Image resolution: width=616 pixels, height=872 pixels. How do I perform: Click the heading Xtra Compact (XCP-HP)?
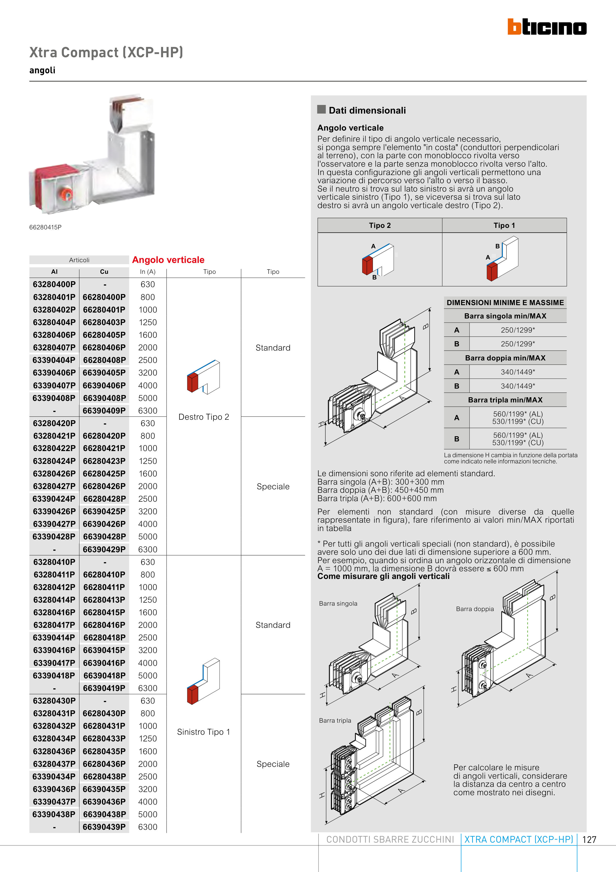106,52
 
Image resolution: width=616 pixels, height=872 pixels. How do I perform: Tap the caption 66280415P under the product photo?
45,227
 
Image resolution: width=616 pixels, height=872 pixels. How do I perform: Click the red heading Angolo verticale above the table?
168,260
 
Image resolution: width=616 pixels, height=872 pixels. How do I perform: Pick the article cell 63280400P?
54,284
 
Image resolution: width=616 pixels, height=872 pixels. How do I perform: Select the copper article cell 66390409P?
104,411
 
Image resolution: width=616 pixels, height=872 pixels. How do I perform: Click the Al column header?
54,272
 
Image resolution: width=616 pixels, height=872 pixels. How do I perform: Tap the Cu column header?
104,272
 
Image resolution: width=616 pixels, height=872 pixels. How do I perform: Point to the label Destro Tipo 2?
204,417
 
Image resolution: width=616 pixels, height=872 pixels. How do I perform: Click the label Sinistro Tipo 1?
204,732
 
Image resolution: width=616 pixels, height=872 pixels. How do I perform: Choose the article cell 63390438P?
54,814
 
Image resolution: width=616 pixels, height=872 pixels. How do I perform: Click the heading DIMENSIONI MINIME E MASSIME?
505,303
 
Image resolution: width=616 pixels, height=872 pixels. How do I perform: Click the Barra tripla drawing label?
335,720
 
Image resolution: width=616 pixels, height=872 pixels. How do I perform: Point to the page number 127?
589,840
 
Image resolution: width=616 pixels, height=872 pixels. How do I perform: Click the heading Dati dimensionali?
367,111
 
